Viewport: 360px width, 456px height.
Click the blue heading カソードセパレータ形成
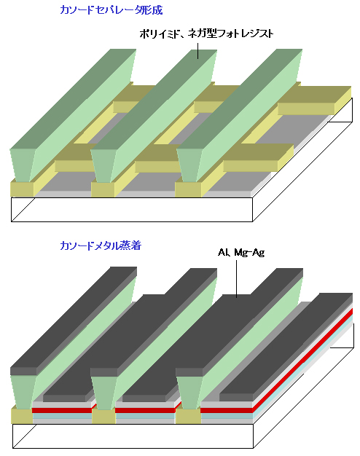111,10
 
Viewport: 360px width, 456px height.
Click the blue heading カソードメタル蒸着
101,245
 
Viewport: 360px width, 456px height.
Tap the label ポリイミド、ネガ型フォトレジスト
206,34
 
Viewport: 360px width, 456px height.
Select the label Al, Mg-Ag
241,252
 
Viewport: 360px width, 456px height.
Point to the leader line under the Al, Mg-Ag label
236,278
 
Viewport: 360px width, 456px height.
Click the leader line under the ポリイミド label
198,51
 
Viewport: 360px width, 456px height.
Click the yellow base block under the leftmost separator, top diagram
22,189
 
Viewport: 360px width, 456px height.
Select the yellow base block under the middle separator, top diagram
103,189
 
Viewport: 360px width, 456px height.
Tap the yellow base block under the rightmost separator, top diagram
188,189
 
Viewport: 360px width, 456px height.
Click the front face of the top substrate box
132,210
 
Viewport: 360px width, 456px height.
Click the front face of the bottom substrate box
133,436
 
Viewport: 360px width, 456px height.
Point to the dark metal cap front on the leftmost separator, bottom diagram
23,372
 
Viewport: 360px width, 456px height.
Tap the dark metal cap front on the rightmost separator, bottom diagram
189,372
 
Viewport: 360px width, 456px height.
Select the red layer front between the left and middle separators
62,410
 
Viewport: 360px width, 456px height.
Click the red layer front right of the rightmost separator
227,410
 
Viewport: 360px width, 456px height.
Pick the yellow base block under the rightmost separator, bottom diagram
188,417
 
